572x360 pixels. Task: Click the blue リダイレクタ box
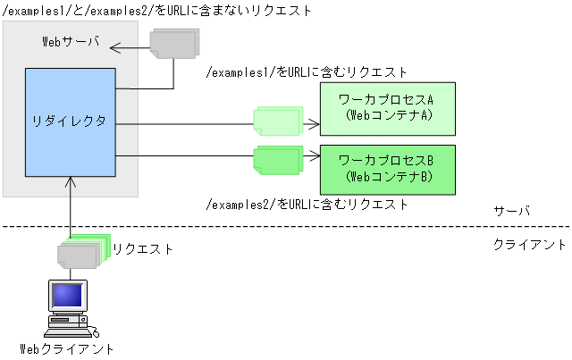tap(71, 121)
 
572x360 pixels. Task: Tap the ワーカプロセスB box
tap(387, 169)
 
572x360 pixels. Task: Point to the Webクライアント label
tap(67, 348)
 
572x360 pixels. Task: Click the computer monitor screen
tap(65, 296)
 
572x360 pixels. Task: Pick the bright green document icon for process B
tap(277, 160)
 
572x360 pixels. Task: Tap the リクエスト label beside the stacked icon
tap(143, 249)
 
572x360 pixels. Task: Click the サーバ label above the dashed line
tap(512, 212)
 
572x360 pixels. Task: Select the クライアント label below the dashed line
tap(530, 244)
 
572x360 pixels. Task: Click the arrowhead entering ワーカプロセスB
tap(315, 157)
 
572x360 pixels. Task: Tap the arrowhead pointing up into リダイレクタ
tap(71, 182)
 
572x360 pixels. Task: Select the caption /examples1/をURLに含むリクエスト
tap(307, 71)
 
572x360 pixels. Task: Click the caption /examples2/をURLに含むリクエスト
tap(307, 204)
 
